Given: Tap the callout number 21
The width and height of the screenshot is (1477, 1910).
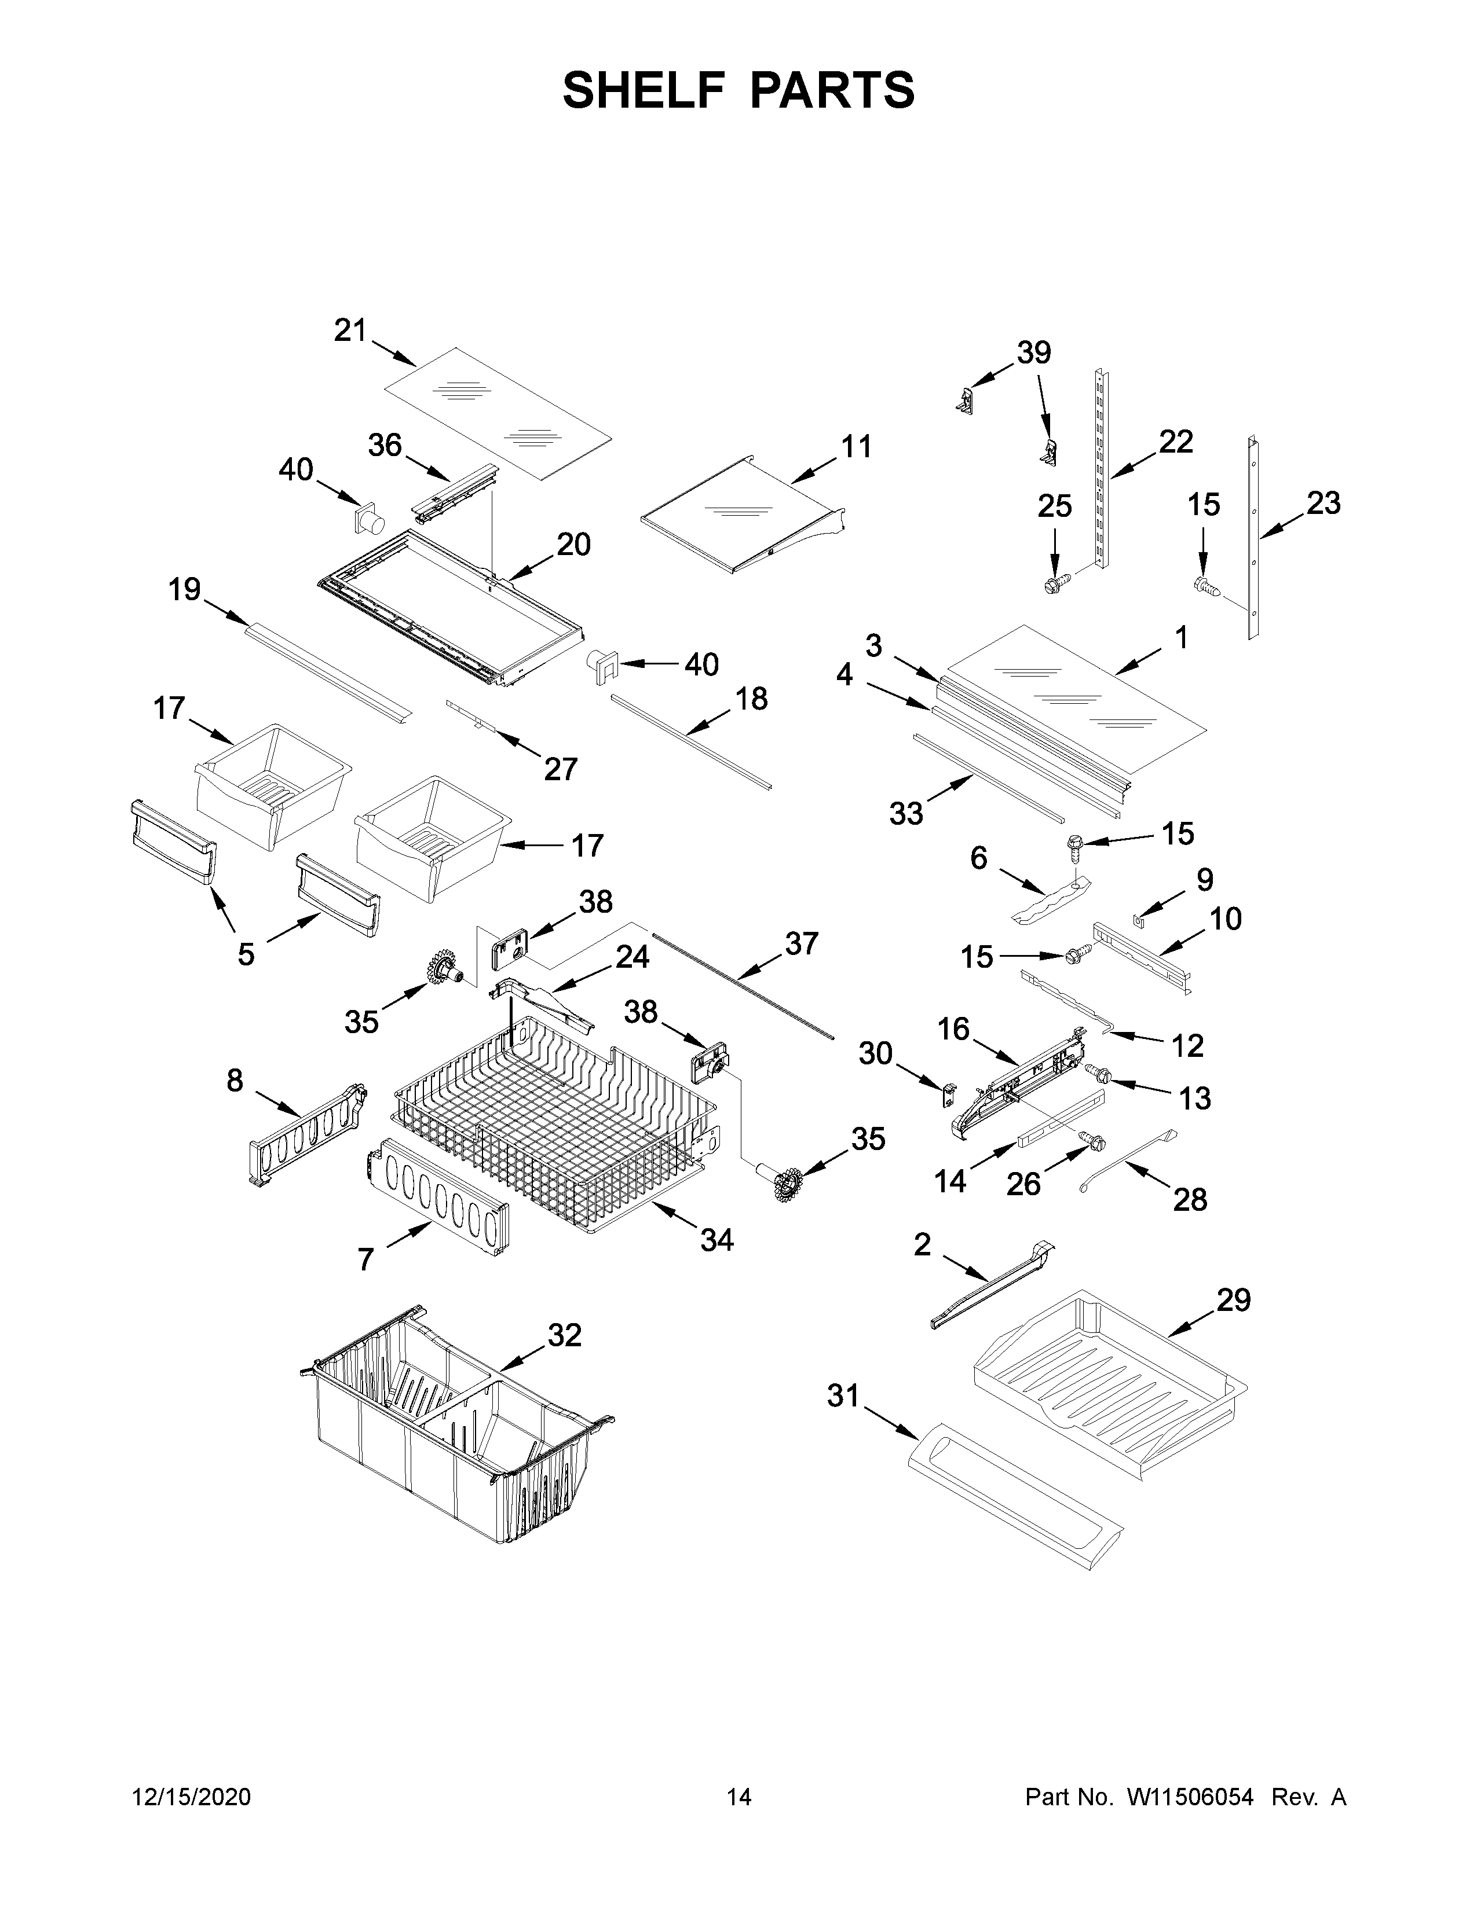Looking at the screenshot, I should [x=349, y=330].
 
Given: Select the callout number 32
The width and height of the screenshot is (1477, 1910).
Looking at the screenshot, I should [x=564, y=1335].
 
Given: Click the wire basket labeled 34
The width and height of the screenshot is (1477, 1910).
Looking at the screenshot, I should [x=551, y=1128].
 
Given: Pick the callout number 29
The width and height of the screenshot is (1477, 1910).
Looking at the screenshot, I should [x=1233, y=1301].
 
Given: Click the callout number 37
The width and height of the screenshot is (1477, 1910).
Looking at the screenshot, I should [x=800, y=943].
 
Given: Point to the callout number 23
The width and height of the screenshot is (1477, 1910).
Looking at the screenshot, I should [x=1323, y=503].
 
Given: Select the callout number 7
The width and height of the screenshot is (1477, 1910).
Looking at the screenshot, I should [x=365, y=1260].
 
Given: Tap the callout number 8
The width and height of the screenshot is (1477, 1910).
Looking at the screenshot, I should [x=235, y=1081].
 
